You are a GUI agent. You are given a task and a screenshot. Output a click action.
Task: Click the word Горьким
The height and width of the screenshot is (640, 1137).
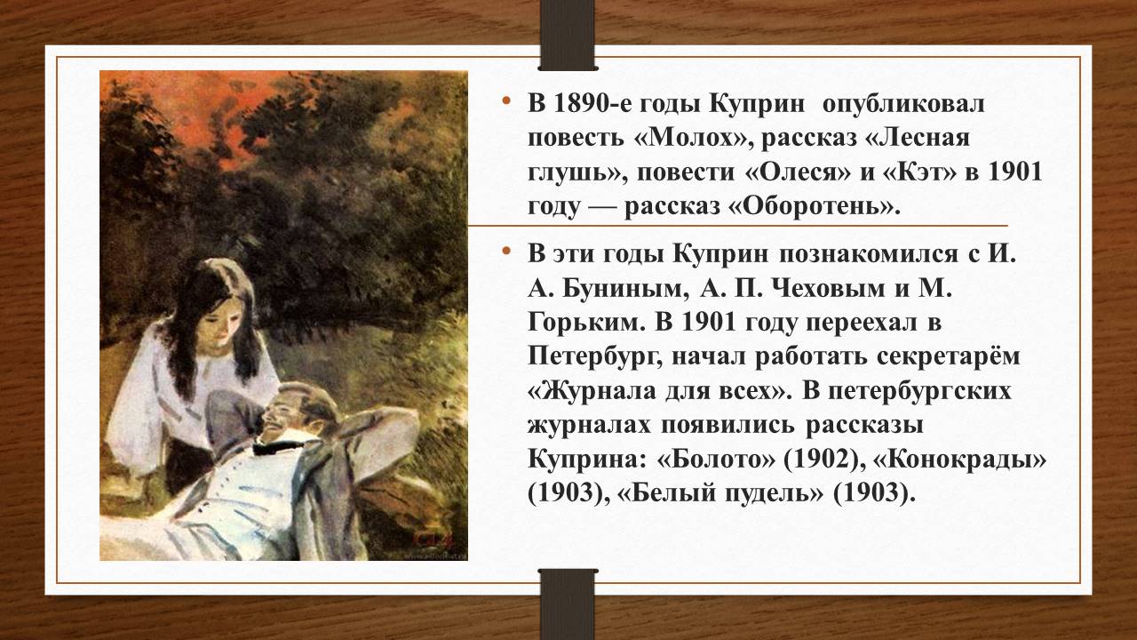585,324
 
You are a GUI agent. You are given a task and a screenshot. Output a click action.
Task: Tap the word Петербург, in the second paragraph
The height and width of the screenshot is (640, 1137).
595,357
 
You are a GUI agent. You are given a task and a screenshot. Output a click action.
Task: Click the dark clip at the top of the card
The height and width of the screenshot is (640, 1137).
567,35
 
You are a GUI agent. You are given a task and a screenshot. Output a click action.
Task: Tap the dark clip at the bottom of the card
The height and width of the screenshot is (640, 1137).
567,604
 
